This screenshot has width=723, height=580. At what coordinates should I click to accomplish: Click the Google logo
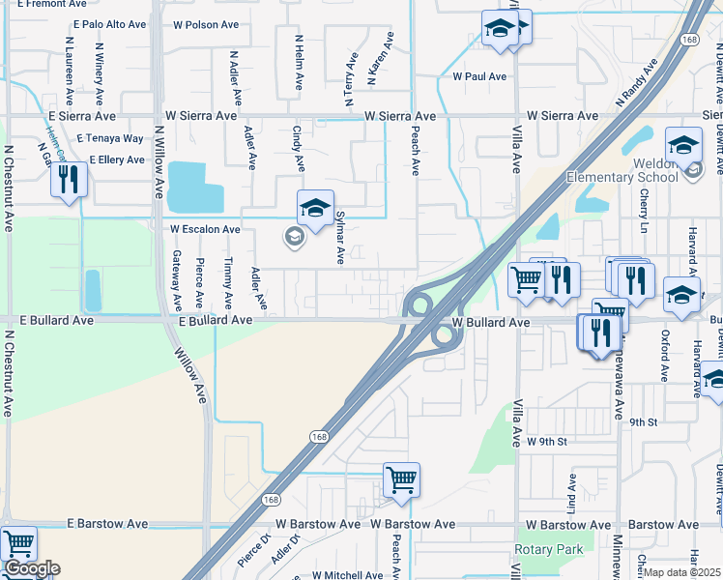(x=32, y=568)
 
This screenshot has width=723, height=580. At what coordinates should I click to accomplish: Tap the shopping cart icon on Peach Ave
(x=401, y=479)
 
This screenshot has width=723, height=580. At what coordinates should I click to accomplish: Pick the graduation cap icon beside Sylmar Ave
(x=315, y=208)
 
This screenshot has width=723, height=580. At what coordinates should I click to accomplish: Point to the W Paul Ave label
(x=473, y=76)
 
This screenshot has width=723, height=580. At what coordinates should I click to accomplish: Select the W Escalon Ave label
(x=205, y=230)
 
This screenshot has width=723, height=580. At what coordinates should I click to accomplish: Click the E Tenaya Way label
(x=110, y=139)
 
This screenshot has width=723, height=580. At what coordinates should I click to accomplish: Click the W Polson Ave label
(x=205, y=24)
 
